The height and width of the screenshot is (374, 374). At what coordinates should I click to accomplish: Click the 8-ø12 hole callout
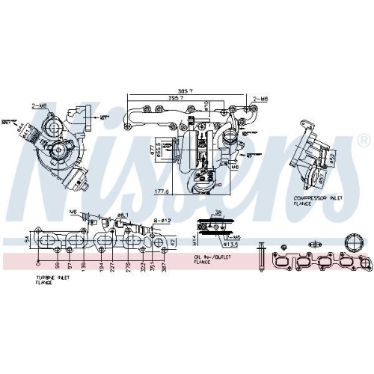[x=162, y=220]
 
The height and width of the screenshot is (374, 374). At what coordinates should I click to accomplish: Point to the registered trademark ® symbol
[x=363, y=141]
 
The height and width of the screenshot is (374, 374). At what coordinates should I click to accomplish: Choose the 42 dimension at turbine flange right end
[x=174, y=241]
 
